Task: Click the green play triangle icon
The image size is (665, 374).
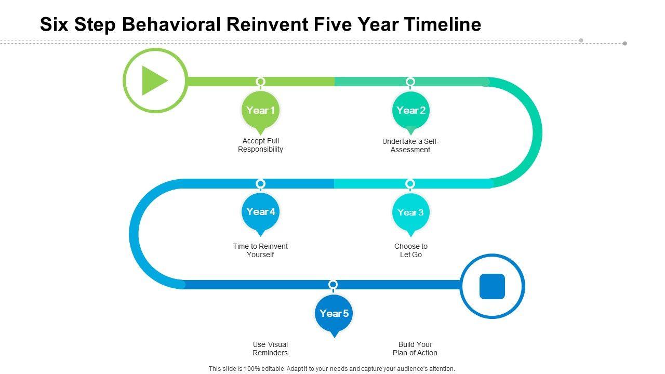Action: tap(154, 81)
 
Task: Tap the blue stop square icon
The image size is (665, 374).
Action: tap(492, 286)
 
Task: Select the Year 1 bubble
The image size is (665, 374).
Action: tap(260, 110)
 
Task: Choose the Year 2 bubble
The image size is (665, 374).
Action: tap(410, 110)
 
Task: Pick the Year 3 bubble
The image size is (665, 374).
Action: tap(410, 212)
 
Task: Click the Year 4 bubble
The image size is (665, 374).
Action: tap(260, 211)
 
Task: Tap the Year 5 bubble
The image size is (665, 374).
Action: tap(334, 313)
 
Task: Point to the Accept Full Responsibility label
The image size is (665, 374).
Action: tap(260, 145)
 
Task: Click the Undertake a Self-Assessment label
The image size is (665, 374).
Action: tap(410, 145)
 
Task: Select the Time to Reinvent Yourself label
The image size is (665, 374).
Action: tap(260, 250)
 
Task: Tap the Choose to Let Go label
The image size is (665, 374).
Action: tap(410, 250)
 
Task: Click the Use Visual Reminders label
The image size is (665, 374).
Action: tap(270, 349)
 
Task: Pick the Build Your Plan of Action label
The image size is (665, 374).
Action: tap(415, 349)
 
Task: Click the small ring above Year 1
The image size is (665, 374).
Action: tap(261, 82)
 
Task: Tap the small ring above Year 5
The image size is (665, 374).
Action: tap(333, 284)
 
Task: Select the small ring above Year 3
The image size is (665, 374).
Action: tap(410, 183)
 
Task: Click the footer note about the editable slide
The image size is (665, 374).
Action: tap(331, 369)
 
